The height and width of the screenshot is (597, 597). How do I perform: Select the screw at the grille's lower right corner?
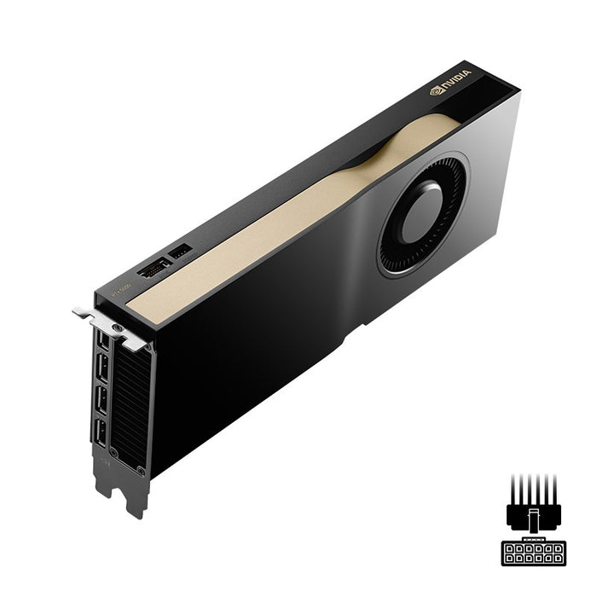142,471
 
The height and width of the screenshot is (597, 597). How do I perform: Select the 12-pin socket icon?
533,553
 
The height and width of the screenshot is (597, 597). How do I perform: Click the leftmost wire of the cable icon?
513,486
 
